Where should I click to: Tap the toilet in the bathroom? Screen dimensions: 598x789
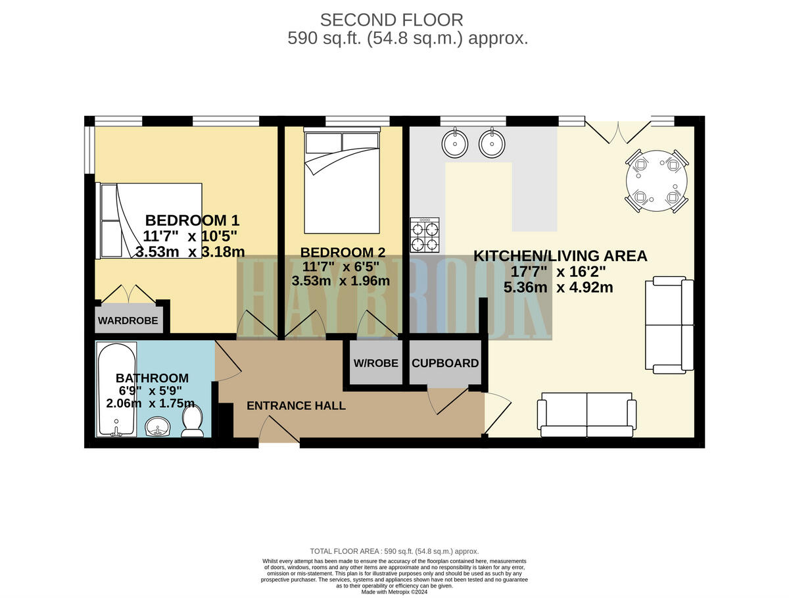[192, 422]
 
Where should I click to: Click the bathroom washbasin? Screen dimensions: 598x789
[156, 427]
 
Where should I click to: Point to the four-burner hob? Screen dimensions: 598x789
[425, 236]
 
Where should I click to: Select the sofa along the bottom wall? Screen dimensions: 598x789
[586, 415]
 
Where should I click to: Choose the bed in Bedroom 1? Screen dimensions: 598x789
[149, 220]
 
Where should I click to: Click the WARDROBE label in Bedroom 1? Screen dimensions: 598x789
[128, 321]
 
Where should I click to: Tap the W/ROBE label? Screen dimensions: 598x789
[375, 363]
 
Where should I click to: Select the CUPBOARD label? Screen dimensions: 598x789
[445, 363]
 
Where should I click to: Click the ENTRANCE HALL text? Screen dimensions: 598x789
[296, 406]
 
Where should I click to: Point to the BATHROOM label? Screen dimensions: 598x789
[152, 378]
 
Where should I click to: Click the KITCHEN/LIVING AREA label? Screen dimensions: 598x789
[560, 256]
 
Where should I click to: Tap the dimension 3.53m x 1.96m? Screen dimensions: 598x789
[341, 281]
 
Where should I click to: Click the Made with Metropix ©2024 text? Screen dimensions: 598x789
[394, 591]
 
